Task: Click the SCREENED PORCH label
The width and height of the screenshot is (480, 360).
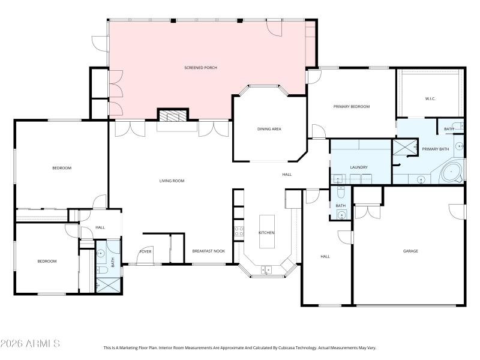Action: pos(200,68)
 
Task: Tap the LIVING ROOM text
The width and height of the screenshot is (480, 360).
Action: pos(172,181)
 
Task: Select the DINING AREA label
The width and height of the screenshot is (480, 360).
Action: pos(269,129)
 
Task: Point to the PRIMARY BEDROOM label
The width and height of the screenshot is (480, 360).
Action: pos(352,106)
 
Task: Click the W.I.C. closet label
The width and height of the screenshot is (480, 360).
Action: pos(430,98)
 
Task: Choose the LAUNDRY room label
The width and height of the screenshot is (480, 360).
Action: pos(359,167)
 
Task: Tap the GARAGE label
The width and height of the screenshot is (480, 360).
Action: pos(410,251)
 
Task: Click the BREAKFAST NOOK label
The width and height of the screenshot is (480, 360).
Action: pos(208,251)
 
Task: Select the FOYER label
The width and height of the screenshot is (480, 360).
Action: pos(146,251)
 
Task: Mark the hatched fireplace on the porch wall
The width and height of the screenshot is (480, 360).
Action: pos(173,115)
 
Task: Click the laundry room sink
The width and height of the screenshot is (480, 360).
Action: pos(338,178)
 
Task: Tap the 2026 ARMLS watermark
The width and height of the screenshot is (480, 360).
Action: pos(30,344)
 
